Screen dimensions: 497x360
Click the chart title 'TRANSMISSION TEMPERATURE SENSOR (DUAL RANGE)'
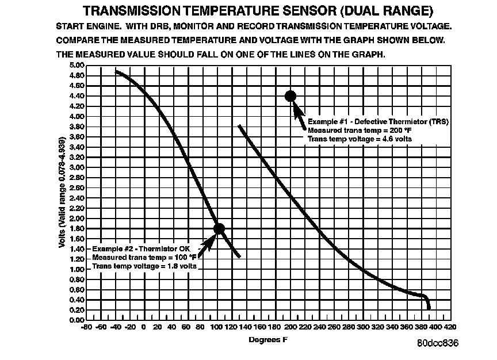258,11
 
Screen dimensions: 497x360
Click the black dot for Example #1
290,95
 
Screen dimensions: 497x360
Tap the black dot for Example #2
219,228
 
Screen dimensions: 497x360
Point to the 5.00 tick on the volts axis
77,66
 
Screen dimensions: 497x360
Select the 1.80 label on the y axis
77,228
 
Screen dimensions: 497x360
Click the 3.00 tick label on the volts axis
77,167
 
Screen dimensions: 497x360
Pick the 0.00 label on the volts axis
77,320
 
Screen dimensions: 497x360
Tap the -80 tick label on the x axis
86,327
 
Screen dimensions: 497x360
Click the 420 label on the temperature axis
450,327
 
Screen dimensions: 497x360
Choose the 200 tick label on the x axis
290,327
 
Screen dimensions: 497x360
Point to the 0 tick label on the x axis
144,327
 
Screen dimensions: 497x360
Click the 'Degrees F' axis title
268,340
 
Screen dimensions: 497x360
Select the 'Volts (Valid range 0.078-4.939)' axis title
62,192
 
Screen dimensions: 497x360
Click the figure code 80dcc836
438,343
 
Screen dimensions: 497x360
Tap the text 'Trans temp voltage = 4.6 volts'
360,139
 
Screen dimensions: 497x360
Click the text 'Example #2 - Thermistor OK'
142,249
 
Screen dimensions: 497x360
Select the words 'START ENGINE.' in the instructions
89,26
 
